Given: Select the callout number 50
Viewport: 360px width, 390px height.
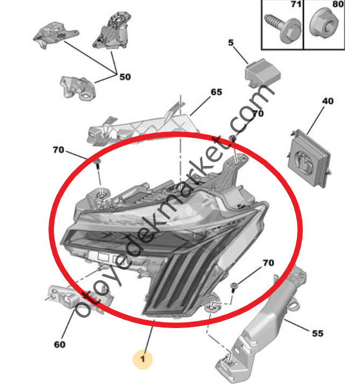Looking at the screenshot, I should [125, 77].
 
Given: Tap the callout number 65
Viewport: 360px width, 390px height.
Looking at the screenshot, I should [216, 92].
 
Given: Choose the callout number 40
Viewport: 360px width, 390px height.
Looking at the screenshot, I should [328, 101].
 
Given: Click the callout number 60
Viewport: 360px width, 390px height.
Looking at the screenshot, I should [59, 344].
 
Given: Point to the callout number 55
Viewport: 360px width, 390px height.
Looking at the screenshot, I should [317, 333].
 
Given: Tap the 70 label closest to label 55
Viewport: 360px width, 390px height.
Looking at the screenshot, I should [268, 263].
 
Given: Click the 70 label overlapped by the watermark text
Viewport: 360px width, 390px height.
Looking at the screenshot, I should [258, 114].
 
